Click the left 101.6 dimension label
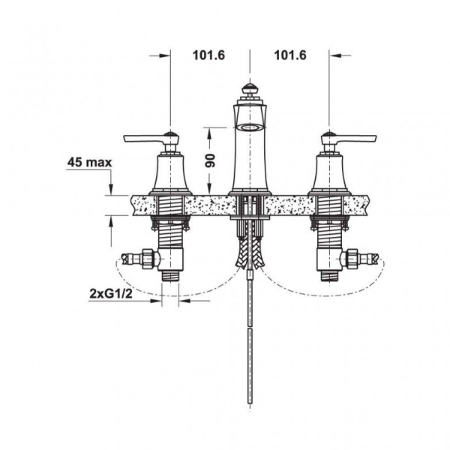[x=208, y=55]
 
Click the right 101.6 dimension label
[x=290, y=55]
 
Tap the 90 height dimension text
[x=210, y=160]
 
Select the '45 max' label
[x=89, y=163]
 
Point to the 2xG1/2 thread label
[x=111, y=293]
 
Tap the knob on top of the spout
[x=250, y=88]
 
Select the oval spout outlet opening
[x=250, y=127]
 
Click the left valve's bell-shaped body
[x=170, y=173]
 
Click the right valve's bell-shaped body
[x=329, y=173]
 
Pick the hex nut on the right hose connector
[x=351, y=259]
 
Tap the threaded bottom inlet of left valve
[x=170, y=276]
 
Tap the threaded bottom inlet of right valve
[x=329, y=276]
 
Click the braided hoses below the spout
[x=250, y=253]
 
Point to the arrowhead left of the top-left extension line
[x=166, y=56]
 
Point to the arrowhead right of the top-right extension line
[x=334, y=55]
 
